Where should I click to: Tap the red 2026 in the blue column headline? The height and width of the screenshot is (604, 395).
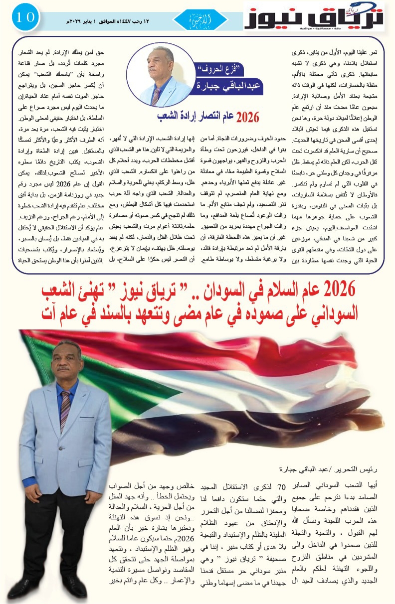pos(247,117)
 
